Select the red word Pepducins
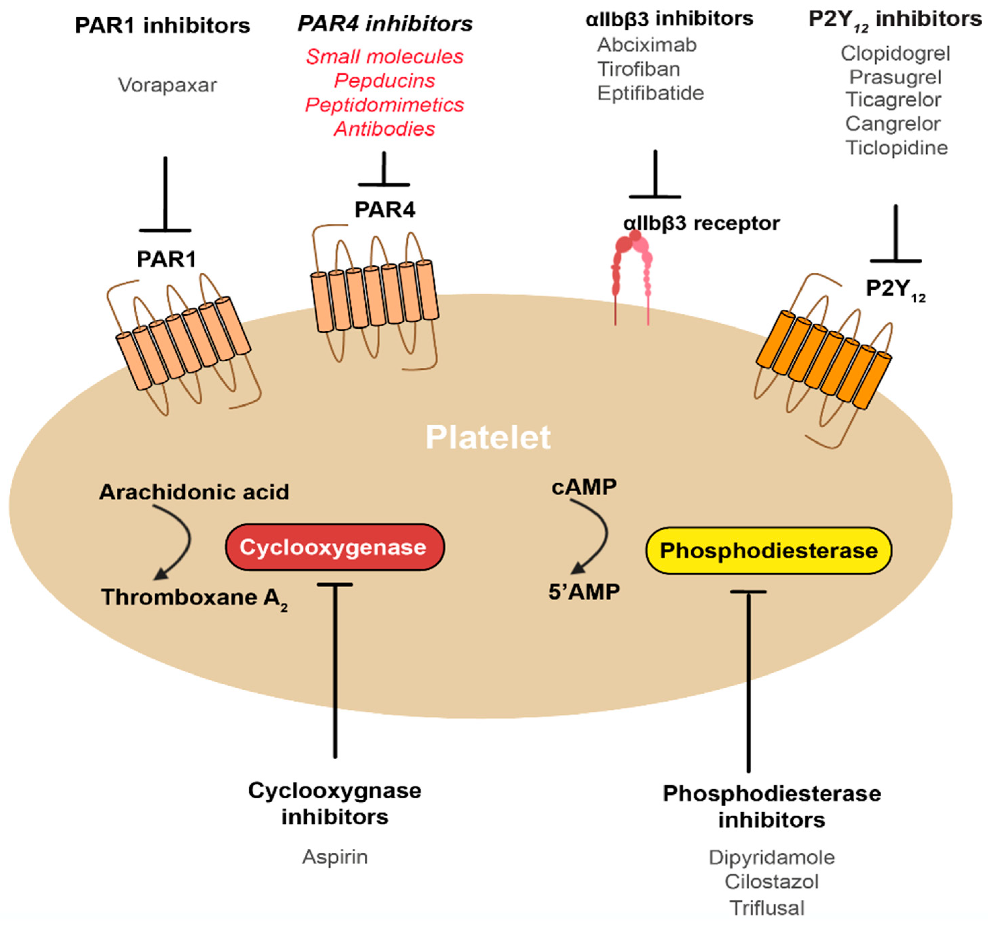[384, 80]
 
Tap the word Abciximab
[647, 45]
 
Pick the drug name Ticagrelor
[893, 100]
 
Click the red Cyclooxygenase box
[335, 547]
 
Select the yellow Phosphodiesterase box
[768, 551]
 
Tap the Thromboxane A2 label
[194, 597]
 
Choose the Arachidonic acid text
[194, 492]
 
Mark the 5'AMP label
[584, 592]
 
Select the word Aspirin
[335, 857]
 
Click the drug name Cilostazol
[771, 882]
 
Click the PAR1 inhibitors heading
[163, 26]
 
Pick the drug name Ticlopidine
[896, 148]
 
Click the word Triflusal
[767, 908]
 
